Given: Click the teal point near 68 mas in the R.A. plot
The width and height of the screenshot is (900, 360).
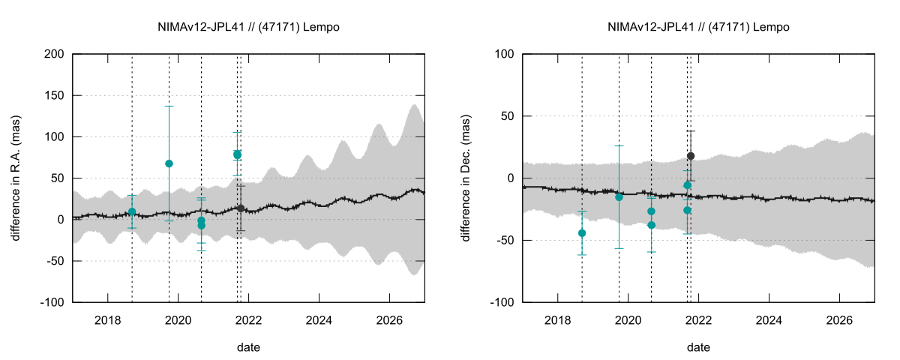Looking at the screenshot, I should pyautogui.click(x=169, y=163).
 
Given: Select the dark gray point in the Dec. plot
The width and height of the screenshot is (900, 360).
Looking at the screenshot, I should pyautogui.click(x=691, y=156).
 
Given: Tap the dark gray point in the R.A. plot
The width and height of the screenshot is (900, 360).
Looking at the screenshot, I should pyautogui.click(x=240, y=208).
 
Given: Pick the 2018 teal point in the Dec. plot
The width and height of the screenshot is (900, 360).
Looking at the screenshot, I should pyautogui.click(x=582, y=233).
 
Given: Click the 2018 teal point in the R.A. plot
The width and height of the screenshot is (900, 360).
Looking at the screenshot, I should pyautogui.click(x=132, y=211).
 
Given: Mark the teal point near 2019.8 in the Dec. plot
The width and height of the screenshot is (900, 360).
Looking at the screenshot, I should pyautogui.click(x=619, y=196).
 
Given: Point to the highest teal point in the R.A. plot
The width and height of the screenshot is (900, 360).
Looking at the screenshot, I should pyautogui.click(x=237, y=154).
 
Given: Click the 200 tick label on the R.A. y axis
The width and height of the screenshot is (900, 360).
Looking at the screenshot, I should pyautogui.click(x=54, y=55).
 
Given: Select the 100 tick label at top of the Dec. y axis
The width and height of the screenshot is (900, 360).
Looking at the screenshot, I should pyautogui.click(x=504, y=55).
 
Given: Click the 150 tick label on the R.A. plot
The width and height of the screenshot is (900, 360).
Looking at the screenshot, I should pyautogui.click(x=54, y=96).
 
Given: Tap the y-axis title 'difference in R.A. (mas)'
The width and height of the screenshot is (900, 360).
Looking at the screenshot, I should pyautogui.click(x=16, y=178).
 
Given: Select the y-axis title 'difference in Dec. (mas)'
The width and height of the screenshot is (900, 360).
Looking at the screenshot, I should pyautogui.click(x=466, y=178).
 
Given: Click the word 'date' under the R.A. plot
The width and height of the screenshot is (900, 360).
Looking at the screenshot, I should pyautogui.click(x=248, y=347).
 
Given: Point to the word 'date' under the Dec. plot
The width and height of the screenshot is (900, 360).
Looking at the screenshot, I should pyautogui.click(x=698, y=347).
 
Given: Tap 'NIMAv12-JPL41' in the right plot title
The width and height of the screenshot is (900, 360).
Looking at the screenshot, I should pyautogui.click(x=644, y=27).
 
